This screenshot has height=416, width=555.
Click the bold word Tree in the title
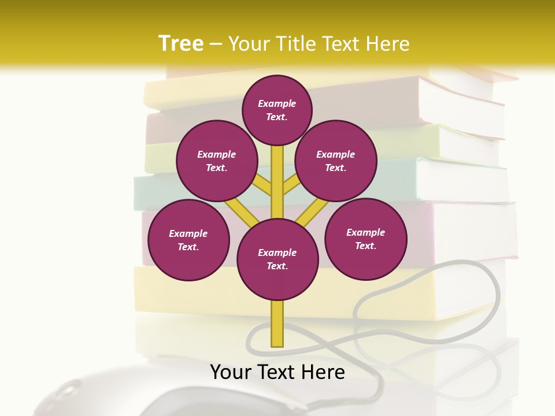point(181,44)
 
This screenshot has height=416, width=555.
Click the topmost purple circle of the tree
point(277,110)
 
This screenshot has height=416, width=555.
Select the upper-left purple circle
point(216,161)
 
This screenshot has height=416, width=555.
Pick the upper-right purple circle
point(336,161)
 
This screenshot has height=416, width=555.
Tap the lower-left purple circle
point(188,240)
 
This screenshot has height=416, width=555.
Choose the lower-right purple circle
point(366,239)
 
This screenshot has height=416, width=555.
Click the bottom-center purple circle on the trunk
point(277,259)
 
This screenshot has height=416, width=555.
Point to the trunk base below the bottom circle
point(277,324)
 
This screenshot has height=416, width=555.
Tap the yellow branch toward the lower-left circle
point(242,212)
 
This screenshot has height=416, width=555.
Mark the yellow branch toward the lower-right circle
point(312,212)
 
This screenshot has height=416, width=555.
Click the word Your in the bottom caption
point(231,372)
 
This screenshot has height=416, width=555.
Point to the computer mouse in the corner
point(87,396)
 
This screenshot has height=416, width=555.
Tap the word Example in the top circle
point(277,103)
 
